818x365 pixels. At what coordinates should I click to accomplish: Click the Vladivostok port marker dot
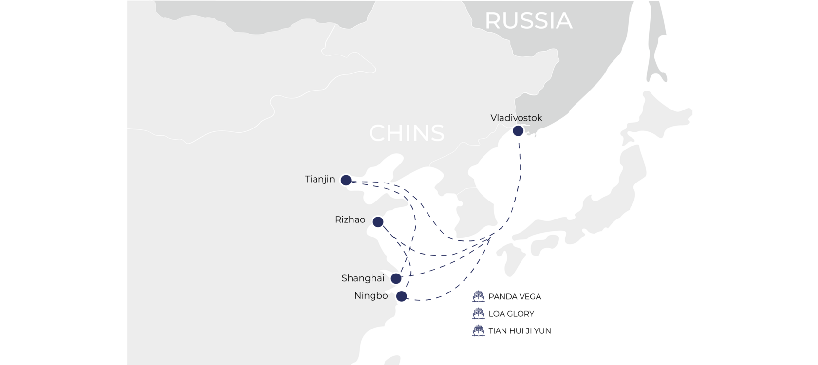pyautogui.click(x=518, y=131)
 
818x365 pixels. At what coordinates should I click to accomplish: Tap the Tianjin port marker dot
pyautogui.click(x=346, y=181)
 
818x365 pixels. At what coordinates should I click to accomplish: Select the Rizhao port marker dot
pyautogui.click(x=378, y=222)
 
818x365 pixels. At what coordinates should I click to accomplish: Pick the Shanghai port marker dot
pyautogui.click(x=396, y=279)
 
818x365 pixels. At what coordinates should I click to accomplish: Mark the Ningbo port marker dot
pyautogui.click(x=401, y=296)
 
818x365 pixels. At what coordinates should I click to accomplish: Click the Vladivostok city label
pyautogui.click(x=516, y=118)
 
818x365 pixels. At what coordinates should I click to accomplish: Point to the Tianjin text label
pyautogui.click(x=320, y=179)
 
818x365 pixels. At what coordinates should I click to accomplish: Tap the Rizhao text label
pyautogui.click(x=350, y=220)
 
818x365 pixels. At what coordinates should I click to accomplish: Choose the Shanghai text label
pyautogui.click(x=363, y=278)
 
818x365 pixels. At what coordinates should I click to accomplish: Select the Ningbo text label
pyautogui.click(x=371, y=296)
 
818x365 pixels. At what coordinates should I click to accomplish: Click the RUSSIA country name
pyautogui.click(x=528, y=20)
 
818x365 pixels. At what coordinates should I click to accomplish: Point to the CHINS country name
pyautogui.click(x=407, y=133)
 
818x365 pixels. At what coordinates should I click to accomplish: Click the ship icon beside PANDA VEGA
pyautogui.click(x=479, y=296)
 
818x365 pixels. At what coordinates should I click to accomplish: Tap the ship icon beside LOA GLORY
pyautogui.click(x=479, y=314)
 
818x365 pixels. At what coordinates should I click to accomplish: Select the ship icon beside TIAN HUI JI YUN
pyautogui.click(x=479, y=331)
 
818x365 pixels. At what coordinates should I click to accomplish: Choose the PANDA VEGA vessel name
pyautogui.click(x=515, y=297)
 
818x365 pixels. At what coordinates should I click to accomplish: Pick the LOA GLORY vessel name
pyautogui.click(x=511, y=314)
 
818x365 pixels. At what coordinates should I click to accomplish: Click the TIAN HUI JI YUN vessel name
pyautogui.click(x=520, y=331)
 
